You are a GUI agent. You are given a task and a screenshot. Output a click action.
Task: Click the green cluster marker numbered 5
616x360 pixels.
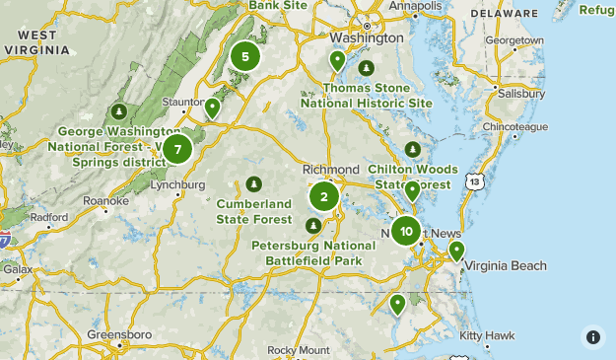245,56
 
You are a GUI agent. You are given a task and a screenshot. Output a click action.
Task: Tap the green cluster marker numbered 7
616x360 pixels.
177,150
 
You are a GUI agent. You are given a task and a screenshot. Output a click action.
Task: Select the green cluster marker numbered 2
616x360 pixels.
323,196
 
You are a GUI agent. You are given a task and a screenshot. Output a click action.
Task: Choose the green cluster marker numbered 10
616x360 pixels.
406,231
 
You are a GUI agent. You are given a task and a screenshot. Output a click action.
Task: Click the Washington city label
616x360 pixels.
367,37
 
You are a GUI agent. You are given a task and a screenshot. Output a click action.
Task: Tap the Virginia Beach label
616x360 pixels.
505,266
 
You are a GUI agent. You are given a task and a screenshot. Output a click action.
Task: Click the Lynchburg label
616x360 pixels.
178,184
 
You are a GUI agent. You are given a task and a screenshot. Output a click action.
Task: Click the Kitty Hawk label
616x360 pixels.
487,335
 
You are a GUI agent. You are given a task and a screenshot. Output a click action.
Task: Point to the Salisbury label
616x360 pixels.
521,93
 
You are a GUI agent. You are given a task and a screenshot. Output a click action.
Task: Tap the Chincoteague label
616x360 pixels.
514,127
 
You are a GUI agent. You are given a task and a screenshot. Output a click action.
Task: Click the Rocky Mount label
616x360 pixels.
299,350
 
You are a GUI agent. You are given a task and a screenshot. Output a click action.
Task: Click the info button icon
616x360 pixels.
592,336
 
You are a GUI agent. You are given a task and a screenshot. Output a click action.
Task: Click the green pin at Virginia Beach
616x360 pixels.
456,251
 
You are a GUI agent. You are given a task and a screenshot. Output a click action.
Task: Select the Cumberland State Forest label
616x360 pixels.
254,211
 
